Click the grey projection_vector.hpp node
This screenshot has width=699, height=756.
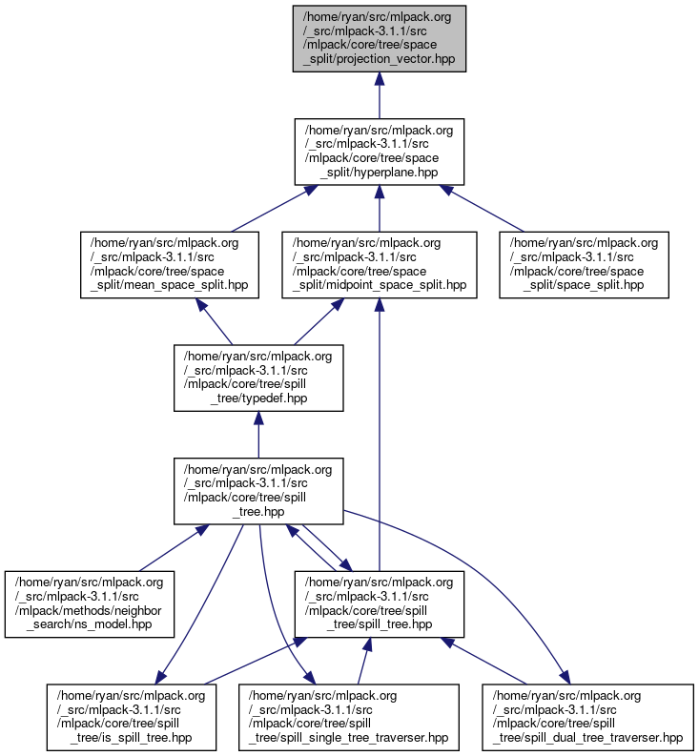click(x=379, y=37)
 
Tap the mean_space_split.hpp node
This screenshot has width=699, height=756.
click(x=168, y=264)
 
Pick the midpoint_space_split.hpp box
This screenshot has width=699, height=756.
click(x=379, y=264)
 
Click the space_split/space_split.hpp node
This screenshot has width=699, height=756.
click(x=583, y=264)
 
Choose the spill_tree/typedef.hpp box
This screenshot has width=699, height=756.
click(x=257, y=378)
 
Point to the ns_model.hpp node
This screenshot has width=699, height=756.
click(x=90, y=603)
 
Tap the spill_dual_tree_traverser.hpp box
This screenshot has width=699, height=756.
click(x=583, y=717)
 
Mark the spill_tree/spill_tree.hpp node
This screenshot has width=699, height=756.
click(x=379, y=603)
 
